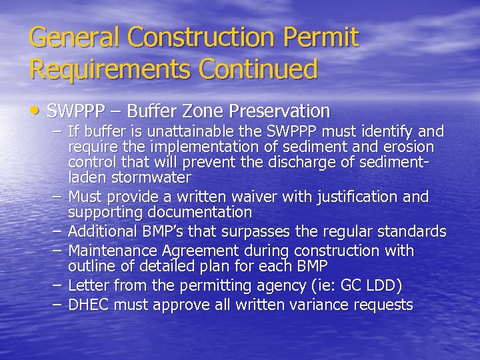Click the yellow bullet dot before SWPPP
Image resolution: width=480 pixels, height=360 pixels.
[x=35, y=110]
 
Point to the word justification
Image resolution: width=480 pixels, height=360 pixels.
[x=359, y=197]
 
